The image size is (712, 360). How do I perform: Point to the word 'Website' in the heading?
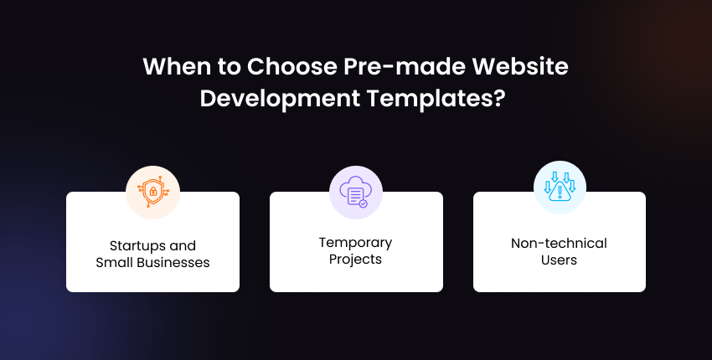[x=520, y=66]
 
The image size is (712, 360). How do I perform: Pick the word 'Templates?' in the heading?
[x=436, y=99]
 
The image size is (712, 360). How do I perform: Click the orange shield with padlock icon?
[x=152, y=192]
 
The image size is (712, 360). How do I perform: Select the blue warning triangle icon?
[x=560, y=187]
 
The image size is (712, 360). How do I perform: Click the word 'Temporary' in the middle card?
[x=355, y=243]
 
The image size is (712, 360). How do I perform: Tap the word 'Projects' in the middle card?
[x=355, y=260]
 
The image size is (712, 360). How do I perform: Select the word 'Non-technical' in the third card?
[x=559, y=244]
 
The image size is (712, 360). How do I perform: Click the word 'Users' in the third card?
[x=559, y=260]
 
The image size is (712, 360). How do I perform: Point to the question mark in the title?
[x=500, y=98]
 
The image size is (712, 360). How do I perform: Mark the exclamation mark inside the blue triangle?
[x=560, y=192]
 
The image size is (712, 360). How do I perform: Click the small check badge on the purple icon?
[x=363, y=203]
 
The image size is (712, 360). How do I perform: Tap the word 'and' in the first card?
[x=182, y=246]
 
